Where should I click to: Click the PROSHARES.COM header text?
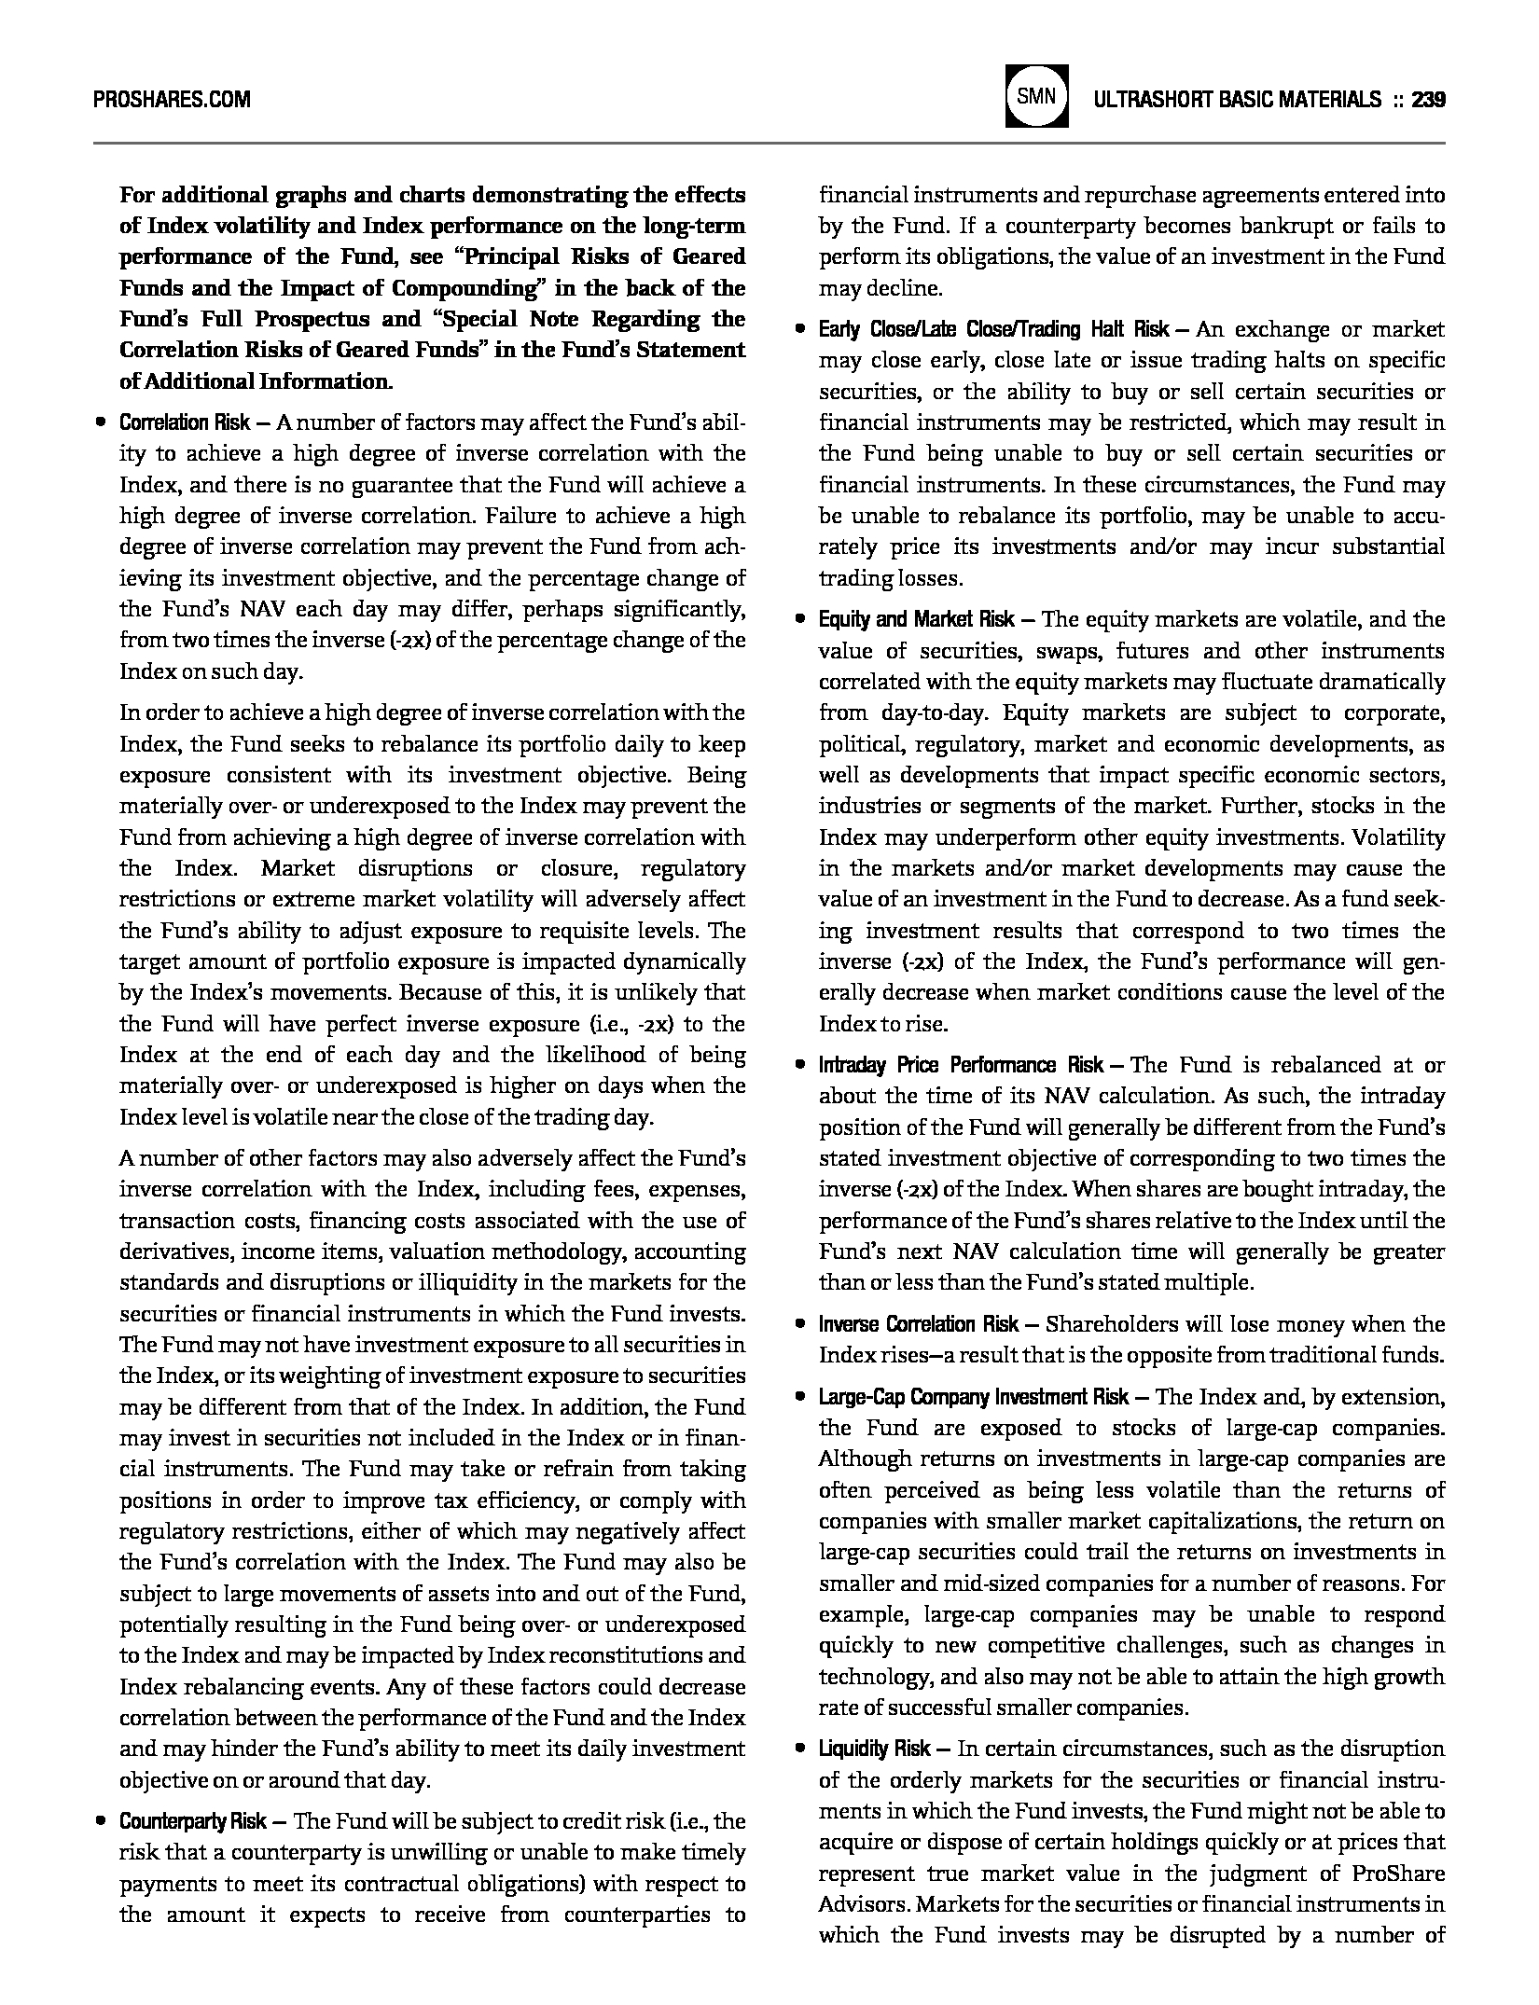click(x=172, y=99)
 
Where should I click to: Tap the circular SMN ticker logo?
click(x=1036, y=96)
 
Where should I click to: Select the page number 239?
click(x=1428, y=99)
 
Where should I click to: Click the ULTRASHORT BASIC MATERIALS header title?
click(x=1237, y=99)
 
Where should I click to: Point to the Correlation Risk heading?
click(x=185, y=422)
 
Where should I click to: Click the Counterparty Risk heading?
click(x=193, y=1821)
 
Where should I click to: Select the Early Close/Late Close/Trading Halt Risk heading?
click(x=993, y=329)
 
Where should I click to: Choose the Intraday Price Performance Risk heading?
click(x=962, y=1065)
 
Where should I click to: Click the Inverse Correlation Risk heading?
click(x=919, y=1324)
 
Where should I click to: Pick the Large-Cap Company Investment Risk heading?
click(x=974, y=1397)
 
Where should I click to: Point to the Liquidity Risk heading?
click(x=874, y=1749)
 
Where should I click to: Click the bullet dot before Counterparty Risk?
click(x=101, y=1821)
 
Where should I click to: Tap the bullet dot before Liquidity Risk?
click(x=799, y=1749)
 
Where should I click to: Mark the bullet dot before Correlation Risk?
click(x=101, y=422)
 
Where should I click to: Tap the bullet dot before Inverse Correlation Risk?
click(x=799, y=1324)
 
